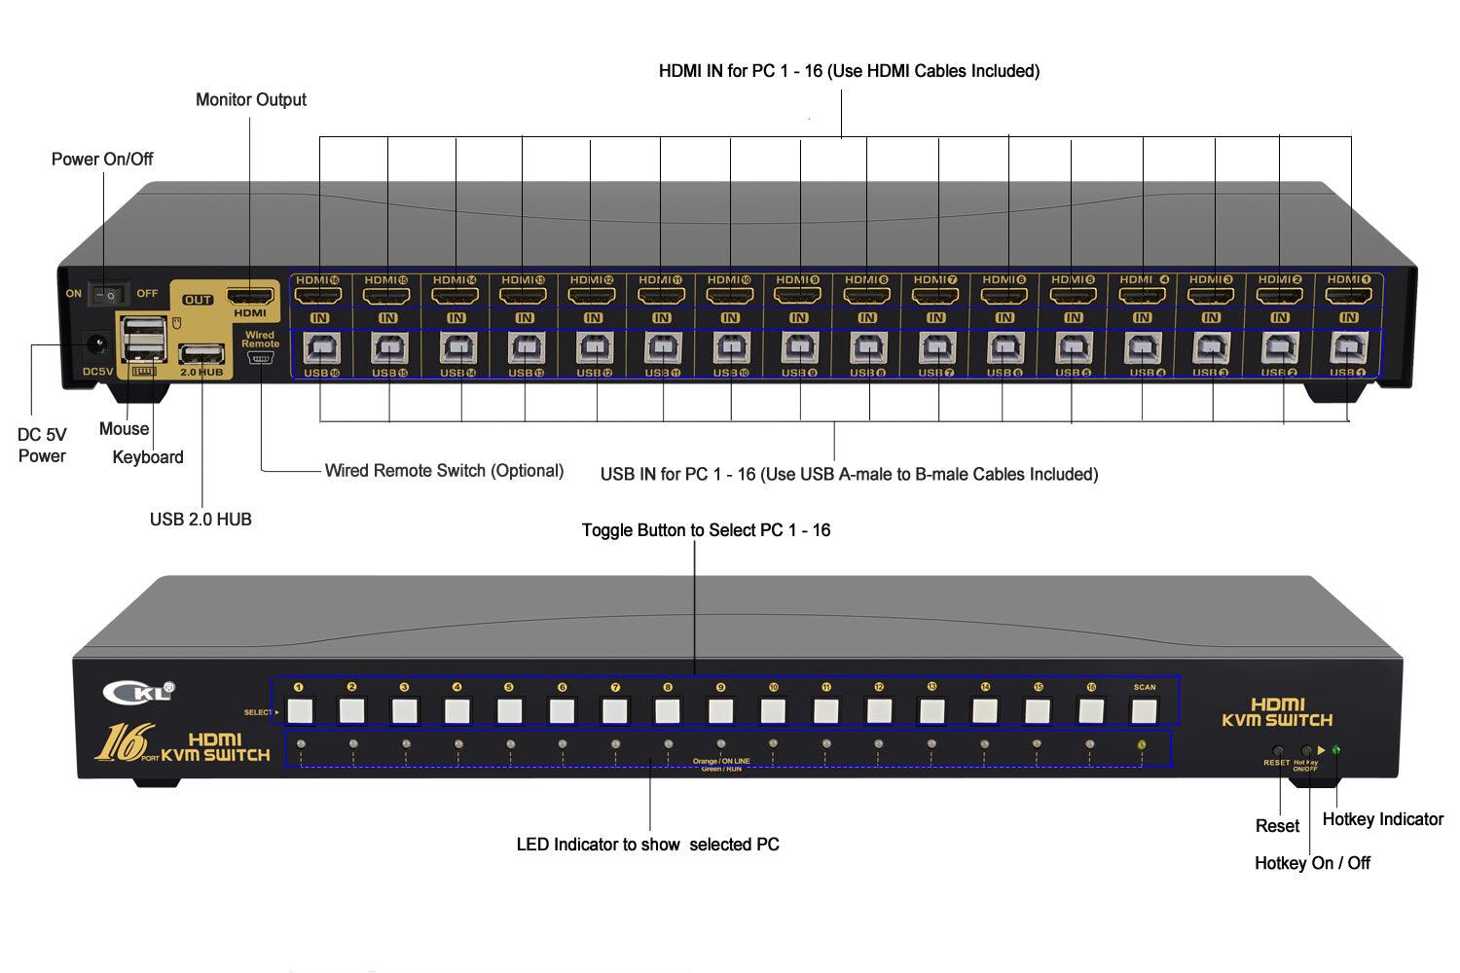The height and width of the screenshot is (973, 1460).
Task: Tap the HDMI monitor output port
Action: point(249,295)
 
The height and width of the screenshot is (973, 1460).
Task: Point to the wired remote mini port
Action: point(260,359)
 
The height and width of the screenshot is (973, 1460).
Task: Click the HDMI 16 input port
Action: point(318,294)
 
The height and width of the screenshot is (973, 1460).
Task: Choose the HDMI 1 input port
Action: point(1348,294)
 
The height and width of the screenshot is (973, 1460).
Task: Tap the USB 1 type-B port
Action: point(1348,347)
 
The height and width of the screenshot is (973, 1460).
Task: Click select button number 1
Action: point(300,711)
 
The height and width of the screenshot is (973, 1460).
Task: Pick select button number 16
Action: point(1091,711)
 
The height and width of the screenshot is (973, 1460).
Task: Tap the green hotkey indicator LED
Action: point(1336,749)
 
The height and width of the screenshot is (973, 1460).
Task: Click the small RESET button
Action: point(1277,750)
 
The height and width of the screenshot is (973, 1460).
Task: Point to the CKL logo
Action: point(138,692)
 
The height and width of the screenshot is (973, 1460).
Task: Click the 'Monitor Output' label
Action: point(250,99)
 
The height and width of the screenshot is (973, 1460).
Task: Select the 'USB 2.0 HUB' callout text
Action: point(201,520)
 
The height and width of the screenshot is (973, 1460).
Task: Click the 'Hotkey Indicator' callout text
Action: point(1382,819)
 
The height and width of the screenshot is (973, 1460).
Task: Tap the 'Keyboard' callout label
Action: point(148,457)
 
